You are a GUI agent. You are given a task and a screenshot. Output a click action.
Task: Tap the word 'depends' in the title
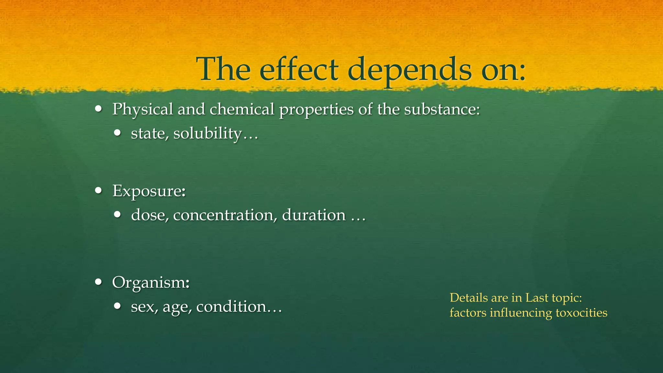click(x=409, y=70)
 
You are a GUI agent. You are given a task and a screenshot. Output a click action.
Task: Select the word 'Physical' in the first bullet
click(x=142, y=109)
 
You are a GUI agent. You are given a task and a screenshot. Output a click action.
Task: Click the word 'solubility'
click(x=208, y=133)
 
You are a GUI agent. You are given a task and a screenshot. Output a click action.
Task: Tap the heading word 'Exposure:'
click(x=149, y=191)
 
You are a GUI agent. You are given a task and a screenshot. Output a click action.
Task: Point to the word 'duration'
click(x=314, y=215)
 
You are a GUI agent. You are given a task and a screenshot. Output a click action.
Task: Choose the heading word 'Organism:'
click(x=151, y=283)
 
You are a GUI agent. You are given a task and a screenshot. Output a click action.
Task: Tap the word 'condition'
click(x=231, y=307)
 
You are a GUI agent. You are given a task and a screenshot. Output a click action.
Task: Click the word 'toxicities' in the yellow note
click(x=581, y=313)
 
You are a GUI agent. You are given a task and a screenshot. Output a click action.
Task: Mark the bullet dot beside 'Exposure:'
click(x=99, y=190)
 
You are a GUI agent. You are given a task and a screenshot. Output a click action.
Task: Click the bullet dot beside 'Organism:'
click(x=99, y=282)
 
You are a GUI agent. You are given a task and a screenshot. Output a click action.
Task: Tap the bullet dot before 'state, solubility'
click(x=118, y=133)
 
